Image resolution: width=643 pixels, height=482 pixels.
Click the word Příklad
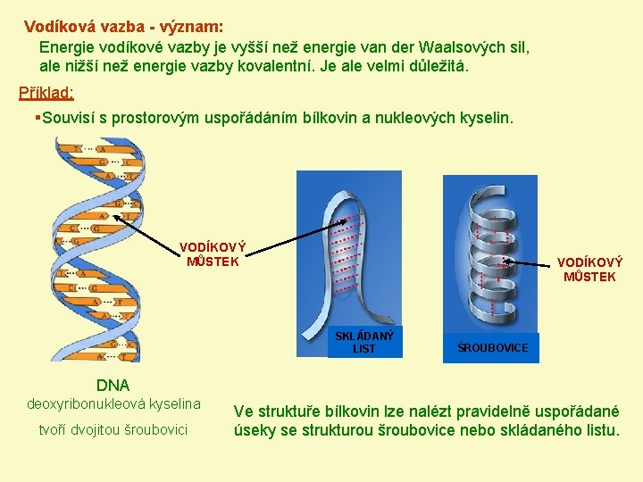(x=46, y=93)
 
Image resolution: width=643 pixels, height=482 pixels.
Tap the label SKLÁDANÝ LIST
(x=364, y=342)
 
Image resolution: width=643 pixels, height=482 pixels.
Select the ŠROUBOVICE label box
(x=492, y=347)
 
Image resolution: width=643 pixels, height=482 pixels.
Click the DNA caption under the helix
(x=113, y=386)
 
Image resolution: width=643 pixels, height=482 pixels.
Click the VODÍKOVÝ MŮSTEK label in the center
(x=213, y=254)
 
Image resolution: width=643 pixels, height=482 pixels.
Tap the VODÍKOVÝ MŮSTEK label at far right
(x=589, y=270)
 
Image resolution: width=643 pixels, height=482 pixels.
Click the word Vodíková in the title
(x=58, y=27)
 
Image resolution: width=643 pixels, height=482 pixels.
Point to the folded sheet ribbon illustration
(x=357, y=259)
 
